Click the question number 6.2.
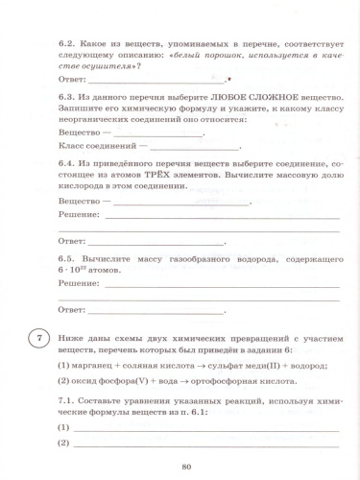68,43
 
